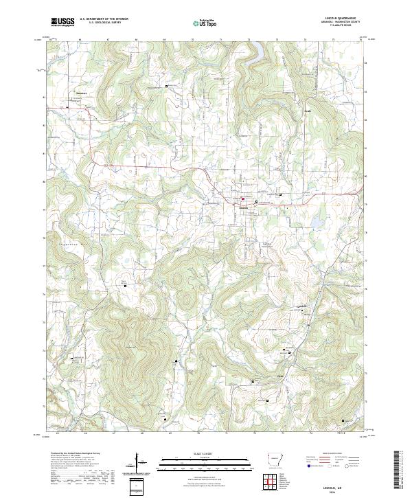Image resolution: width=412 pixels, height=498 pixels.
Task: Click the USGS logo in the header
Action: point(62,22)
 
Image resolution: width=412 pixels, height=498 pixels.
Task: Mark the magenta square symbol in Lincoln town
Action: point(242,201)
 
